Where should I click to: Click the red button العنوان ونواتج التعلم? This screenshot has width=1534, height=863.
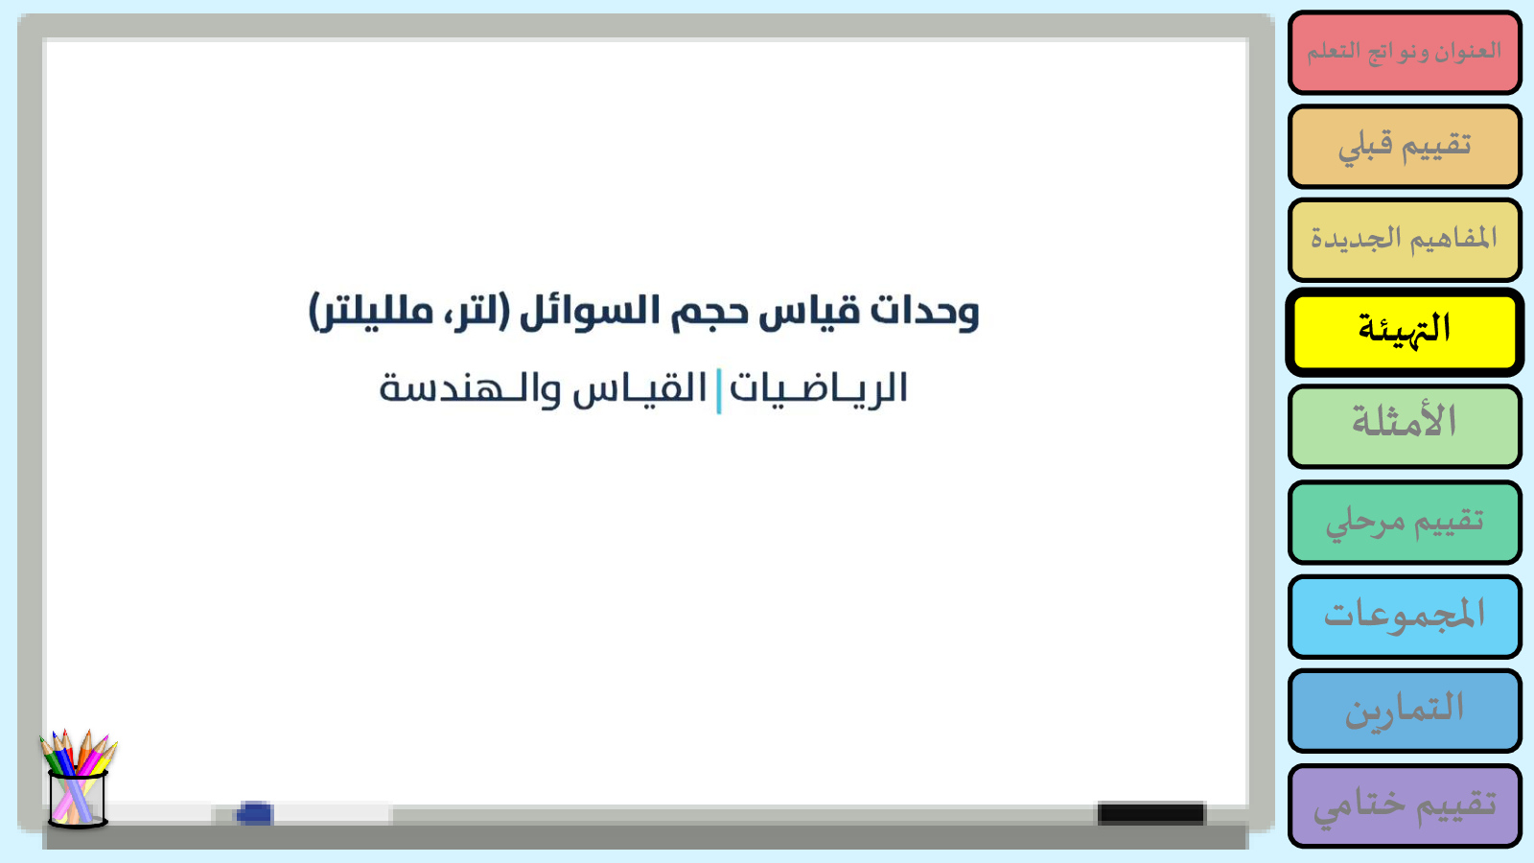(1405, 52)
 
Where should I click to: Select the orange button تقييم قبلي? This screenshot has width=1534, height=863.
(1405, 146)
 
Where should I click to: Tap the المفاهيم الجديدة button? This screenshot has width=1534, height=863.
(1405, 240)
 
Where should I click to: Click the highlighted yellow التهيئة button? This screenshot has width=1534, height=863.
(1405, 332)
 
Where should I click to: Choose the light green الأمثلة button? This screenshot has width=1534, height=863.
(1405, 427)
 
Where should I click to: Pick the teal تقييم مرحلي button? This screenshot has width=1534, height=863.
(1405, 523)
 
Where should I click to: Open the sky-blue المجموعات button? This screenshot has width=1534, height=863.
(1405, 617)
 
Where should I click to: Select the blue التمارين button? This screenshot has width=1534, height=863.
(1405, 711)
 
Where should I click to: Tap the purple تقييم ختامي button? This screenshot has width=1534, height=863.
(1405, 806)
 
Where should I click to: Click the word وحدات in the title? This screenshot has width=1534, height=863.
(924, 312)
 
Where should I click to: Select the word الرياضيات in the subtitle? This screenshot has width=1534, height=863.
(819, 389)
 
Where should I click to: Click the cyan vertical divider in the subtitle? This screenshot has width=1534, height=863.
(718, 391)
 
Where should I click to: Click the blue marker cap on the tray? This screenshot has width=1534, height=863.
(254, 813)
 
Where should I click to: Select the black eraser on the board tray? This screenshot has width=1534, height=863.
(1151, 813)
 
